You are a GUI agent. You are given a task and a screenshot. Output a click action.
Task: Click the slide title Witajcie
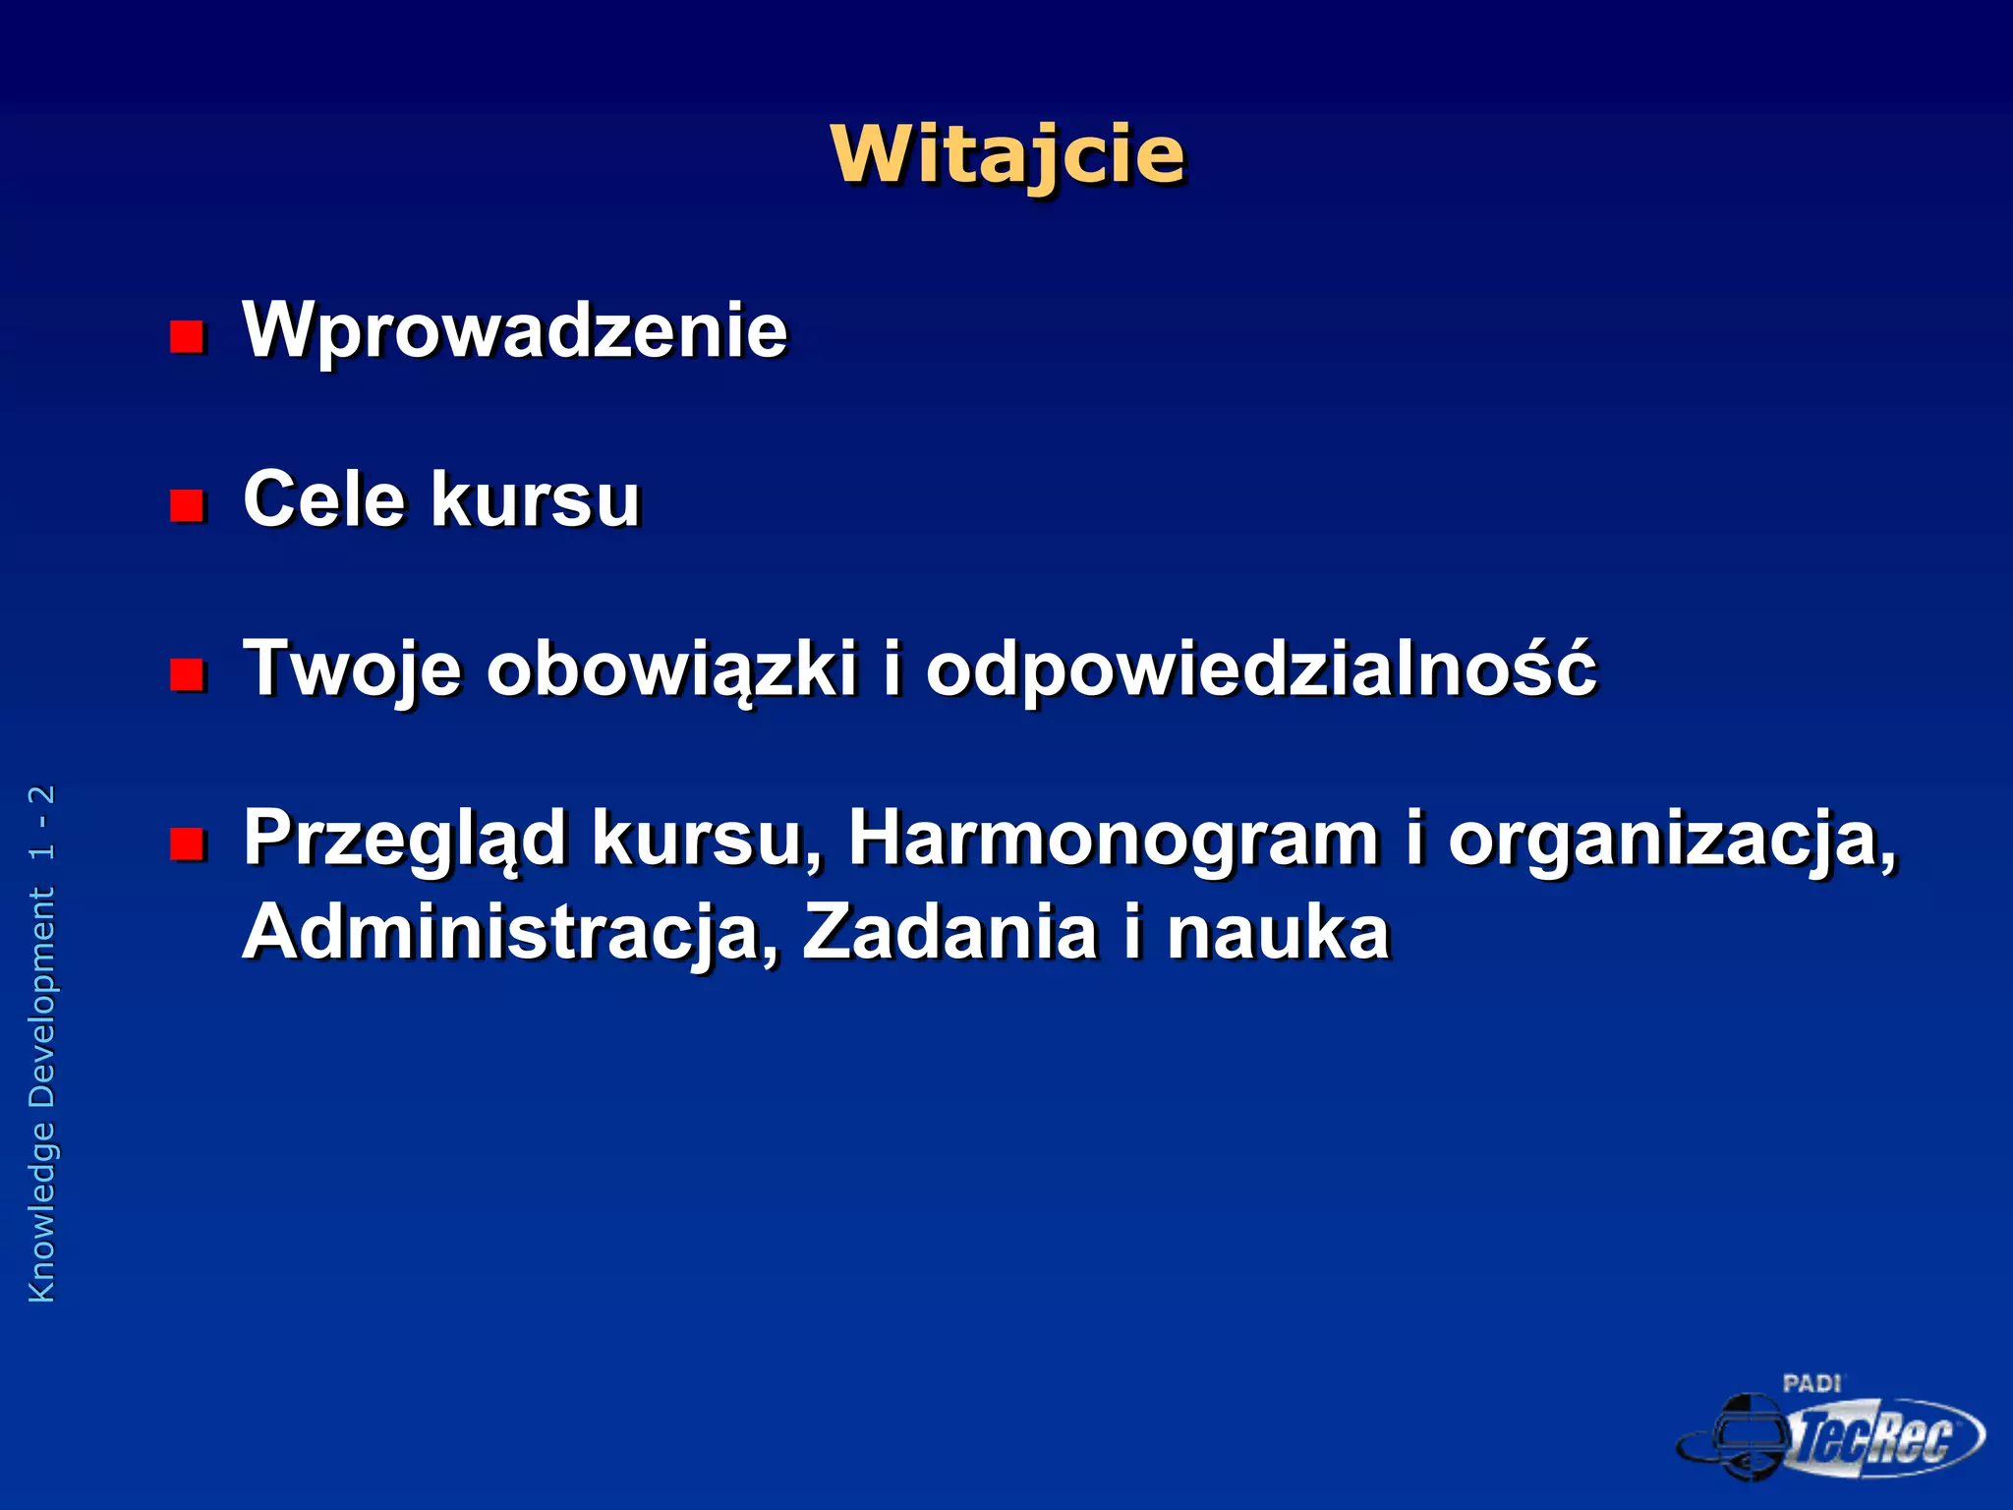[1007, 155]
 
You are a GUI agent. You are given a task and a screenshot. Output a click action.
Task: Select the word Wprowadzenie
[515, 331]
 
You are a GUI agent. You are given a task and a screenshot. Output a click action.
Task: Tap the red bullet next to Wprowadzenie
[186, 337]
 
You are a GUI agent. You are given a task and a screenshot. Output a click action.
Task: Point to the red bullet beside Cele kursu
[186, 506]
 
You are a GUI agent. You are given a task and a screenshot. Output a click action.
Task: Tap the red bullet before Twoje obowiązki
[186, 675]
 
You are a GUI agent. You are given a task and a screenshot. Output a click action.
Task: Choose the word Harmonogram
[1114, 839]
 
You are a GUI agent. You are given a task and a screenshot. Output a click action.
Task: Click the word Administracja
[510, 933]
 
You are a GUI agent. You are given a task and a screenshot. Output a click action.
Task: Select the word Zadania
[949, 933]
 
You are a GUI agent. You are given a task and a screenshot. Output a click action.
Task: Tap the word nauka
[1278, 933]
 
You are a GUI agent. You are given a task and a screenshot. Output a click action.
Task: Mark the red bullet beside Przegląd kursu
[186, 844]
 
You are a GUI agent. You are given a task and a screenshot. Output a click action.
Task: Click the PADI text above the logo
[1812, 1384]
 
